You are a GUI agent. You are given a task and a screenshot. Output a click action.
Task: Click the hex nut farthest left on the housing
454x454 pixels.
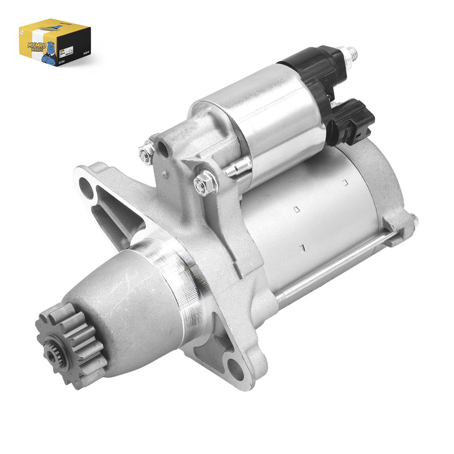pyautogui.click(x=146, y=153)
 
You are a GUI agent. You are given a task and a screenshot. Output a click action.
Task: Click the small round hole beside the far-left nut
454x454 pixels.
pyautogui.click(x=163, y=149)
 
